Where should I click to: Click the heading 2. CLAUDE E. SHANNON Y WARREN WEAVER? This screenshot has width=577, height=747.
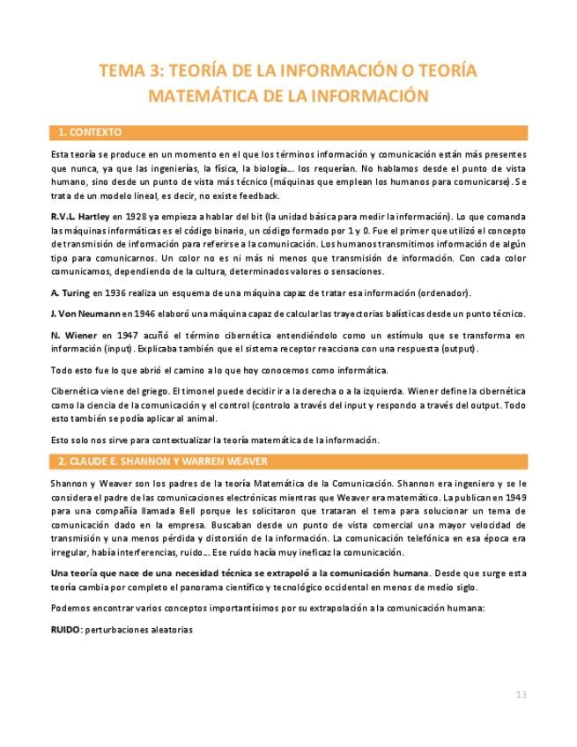(x=163, y=462)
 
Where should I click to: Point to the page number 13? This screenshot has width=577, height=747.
(x=521, y=695)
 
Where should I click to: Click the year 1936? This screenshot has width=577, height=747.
(x=116, y=292)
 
